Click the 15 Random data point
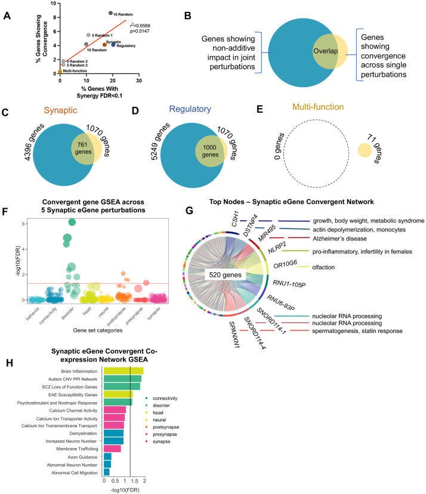coord(110,13)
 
